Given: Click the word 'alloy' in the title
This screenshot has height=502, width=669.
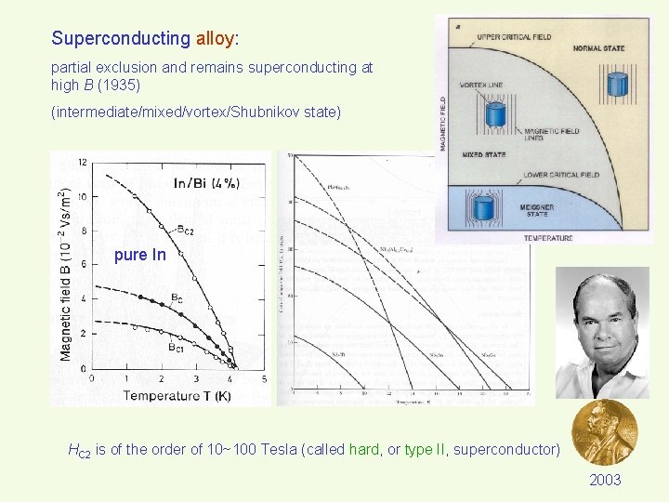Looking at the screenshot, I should pyautogui.click(x=215, y=39).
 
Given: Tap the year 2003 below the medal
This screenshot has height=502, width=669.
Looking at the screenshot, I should pyautogui.click(x=605, y=480).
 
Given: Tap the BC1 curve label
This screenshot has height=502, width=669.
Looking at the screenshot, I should pyautogui.click(x=177, y=346).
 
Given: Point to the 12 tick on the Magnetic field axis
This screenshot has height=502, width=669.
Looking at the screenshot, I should pyautogui.click(x=82, y=163).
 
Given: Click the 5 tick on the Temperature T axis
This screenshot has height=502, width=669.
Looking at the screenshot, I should pyautogui.click(x=265, y=379).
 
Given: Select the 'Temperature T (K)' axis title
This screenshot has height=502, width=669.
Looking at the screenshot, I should pyautogui.click(x=176, y=396).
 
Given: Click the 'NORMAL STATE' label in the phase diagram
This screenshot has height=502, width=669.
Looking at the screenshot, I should pyautogui.click(x=599, y=48).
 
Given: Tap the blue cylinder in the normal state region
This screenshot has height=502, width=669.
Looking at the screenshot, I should pyautogui.click(x=617, y=84).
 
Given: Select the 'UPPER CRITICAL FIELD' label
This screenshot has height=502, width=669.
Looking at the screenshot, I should pyautogui.click(x=514, y=37).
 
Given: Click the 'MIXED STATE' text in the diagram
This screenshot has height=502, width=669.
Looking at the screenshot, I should pyautogui.click(x=483, y=154).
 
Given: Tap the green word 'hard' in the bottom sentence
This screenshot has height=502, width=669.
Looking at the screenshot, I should pyautogui.click(x=365, y=450).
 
